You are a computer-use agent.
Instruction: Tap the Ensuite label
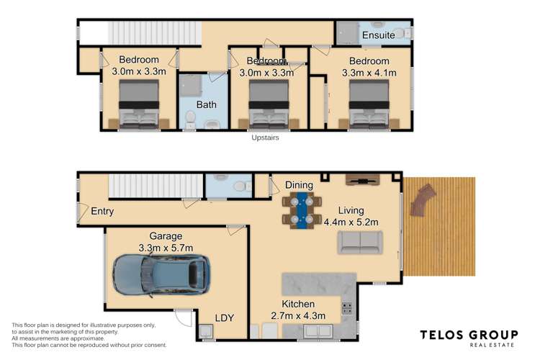[379, 35]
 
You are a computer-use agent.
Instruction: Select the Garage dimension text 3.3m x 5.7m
[166, 248]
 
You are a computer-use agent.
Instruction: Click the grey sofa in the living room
[360, 243]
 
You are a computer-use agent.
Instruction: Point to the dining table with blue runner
[302, 210]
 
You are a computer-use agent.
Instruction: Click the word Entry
[102, 211]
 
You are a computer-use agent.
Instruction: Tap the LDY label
[225, 318]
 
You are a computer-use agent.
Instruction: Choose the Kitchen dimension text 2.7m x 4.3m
[298, 315]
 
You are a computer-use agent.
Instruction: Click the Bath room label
[207, 104]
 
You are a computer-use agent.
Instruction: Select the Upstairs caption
[265, 138]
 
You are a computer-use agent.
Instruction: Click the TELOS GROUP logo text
[469, 335]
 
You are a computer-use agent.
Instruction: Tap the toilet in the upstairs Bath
[190, 118]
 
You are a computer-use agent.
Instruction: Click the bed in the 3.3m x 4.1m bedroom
[369, 104]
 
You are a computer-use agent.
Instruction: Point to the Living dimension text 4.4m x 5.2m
[351, 222]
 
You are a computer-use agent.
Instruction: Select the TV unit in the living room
[363, 180]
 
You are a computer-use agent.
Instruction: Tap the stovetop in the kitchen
[347, 308]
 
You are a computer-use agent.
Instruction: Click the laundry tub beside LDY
[206, 331]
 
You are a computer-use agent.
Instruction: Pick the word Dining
[299, 185]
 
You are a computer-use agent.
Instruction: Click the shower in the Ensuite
[347, 33]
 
